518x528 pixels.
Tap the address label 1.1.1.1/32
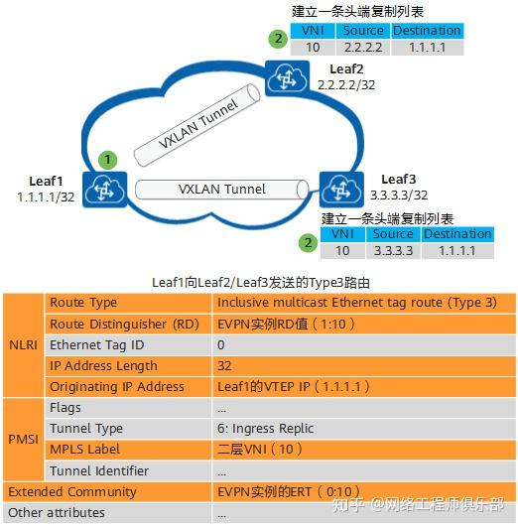point(47,198)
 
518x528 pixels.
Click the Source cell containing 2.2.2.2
point(362,47)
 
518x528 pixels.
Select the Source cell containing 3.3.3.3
point(393,250)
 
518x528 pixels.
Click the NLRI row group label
point(23,344)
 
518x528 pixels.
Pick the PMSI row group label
point(23,439)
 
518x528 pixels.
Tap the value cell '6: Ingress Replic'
point(265,428)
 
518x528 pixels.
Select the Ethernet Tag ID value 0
point(221,344)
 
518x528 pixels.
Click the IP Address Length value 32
point(225,365)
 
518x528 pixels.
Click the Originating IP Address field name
point(116,386)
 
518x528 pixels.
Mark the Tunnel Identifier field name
point(99,470)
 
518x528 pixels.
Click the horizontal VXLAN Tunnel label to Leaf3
point(221,189)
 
